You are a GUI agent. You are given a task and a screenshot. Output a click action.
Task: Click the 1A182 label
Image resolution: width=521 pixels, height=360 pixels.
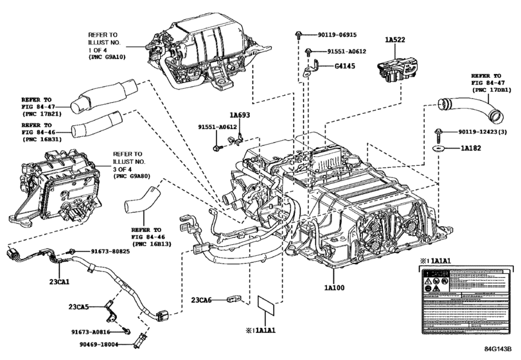(473, 149)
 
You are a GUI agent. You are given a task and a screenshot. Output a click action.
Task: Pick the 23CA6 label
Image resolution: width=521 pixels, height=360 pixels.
(204, 300)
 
